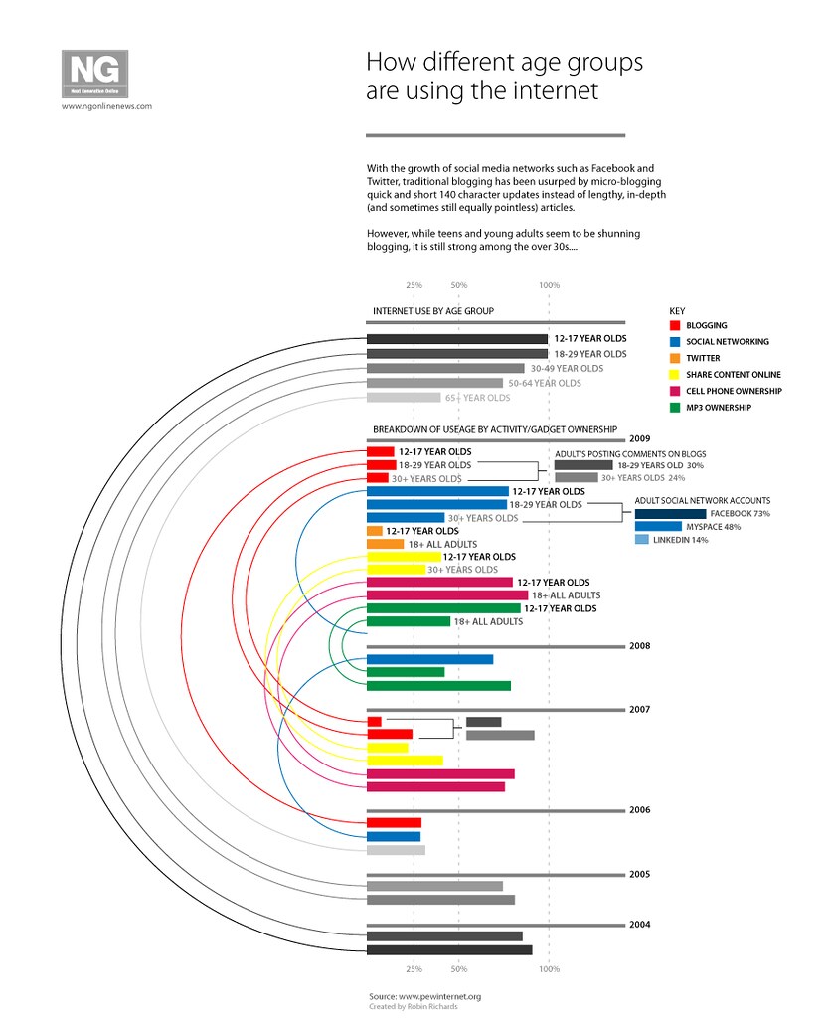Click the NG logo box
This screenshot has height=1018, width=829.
tap(94, 73)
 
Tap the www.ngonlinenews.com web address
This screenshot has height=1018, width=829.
tap(106, 106)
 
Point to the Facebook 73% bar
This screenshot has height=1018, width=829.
tap(670, 513)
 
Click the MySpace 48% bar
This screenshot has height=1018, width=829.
tap(658, 526)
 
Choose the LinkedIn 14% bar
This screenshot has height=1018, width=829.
tap(641, 539)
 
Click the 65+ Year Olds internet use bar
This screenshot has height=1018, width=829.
tap(403, 398)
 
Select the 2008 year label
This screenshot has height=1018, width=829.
tap(639, 646)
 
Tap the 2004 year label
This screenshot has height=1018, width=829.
tap(639, 925)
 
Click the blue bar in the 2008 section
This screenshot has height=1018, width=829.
tap(429, 659)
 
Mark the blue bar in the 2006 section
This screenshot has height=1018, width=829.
tap(394, 836)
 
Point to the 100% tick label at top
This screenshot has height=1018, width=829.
tap(549, 285)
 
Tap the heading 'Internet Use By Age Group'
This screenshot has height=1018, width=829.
tap(432, 311)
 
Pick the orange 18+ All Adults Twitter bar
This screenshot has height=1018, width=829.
tap(385, 544)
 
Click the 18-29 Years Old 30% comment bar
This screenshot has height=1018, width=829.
tap(582, 465)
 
